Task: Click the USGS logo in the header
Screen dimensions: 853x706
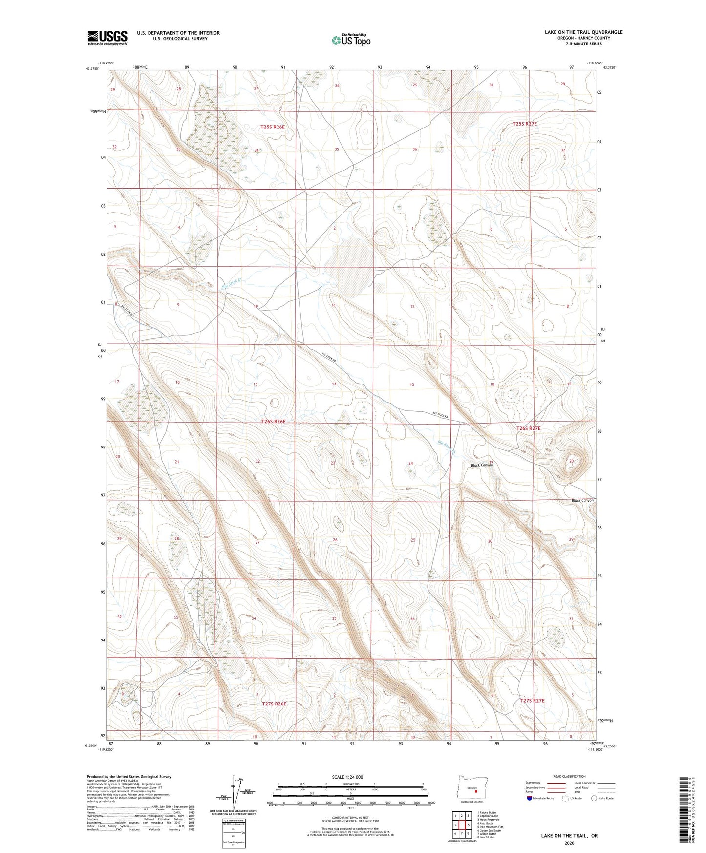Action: coord(107,38)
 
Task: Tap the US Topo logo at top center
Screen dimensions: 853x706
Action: coord(350,40)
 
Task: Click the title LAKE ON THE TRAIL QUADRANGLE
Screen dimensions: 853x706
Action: coord(583,32)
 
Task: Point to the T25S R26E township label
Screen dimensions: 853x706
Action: coord(272,127)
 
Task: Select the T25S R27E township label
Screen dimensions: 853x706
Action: coord(525,124)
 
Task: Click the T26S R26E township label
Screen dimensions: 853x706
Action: coord(273,421)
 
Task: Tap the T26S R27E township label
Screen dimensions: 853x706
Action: coord(528,428)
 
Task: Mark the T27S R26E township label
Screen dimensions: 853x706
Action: coord(274,704)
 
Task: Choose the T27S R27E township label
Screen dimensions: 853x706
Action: coord(532,701)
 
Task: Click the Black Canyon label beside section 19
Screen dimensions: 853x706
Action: coord(482,465)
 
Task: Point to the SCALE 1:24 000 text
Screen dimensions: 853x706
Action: coord(347,777)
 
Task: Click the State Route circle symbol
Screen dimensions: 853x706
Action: coord(594,798)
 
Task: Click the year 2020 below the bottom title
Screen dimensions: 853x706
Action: coord(569,843)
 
